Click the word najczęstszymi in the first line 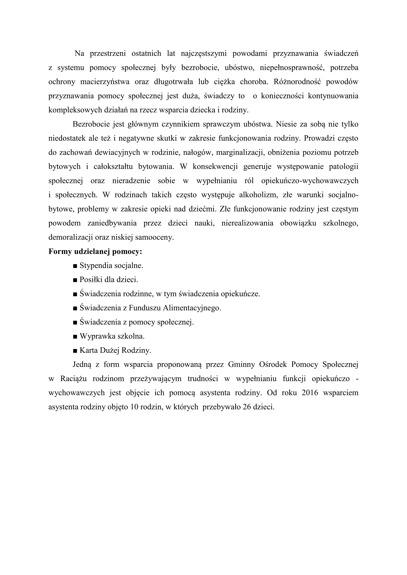[x=203, y=54]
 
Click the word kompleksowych [x=70, y=110]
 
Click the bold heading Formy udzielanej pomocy [x=95, y=251]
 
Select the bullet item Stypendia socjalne [x=111, y=266]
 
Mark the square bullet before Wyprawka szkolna [x=75, y=337]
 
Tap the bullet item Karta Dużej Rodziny [x=115, y=350]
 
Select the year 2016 [x=310, y=393]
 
